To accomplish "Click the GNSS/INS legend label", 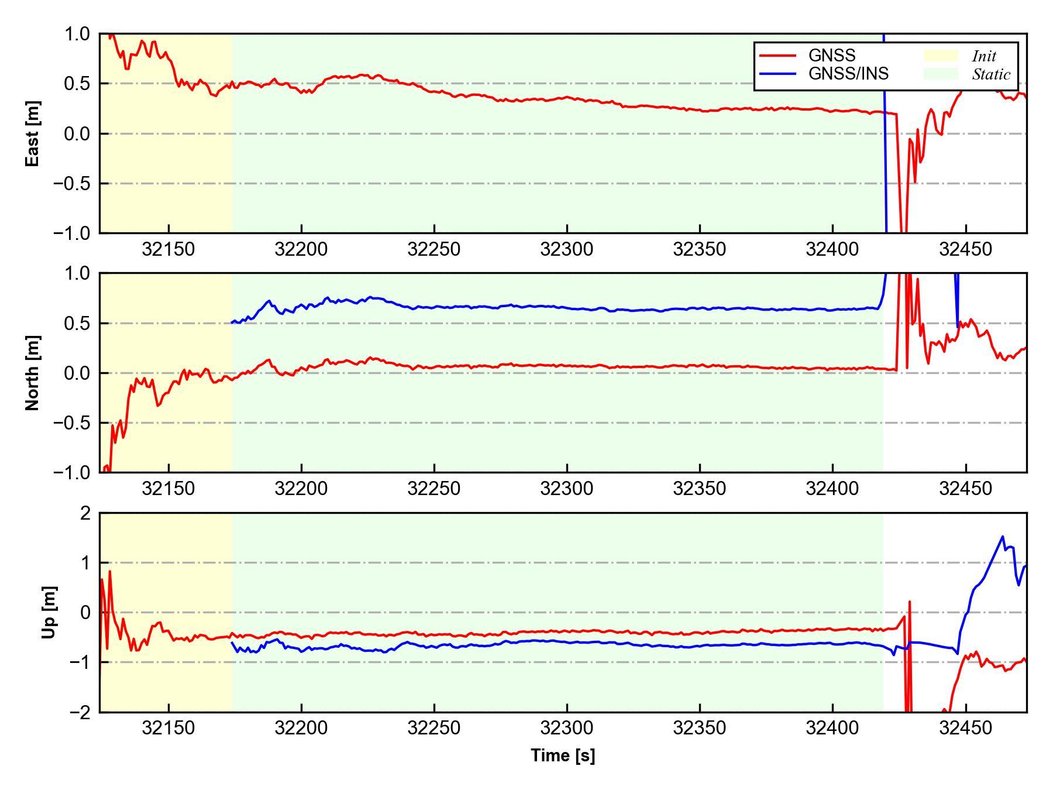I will [848, 74].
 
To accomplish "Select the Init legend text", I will [984, 56].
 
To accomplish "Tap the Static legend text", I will [991, 74].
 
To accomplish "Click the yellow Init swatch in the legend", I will [941, 56].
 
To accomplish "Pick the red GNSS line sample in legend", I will [777, 56].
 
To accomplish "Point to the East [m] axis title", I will [33, 133].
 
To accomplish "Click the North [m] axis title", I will [33, 373].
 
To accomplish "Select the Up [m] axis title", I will [49, 612].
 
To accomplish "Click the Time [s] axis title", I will [563, 755].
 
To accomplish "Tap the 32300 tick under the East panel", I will [567, 250].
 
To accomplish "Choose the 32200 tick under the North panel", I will [301, 489].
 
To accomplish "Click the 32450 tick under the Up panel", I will [965, 729].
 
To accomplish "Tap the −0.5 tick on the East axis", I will [71, 183].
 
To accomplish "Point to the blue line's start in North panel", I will [233, 322].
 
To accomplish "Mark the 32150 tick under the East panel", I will [168, 250].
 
